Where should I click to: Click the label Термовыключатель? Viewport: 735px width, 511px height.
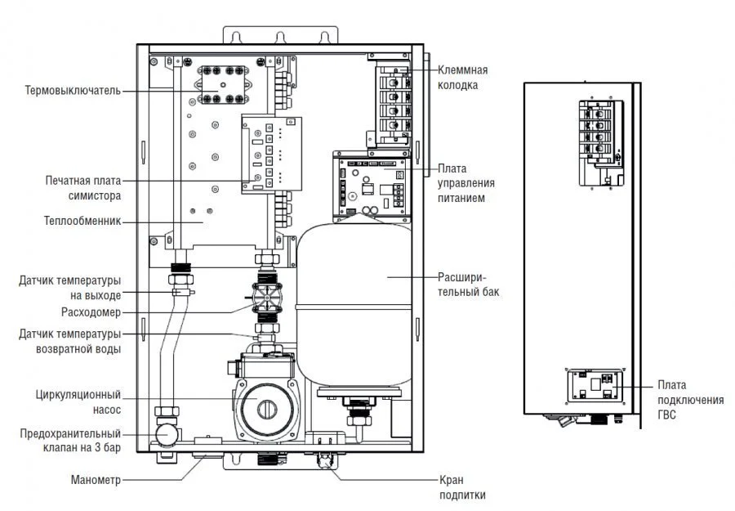pos(73,91)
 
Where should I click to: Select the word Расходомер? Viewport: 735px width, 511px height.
pos(91,312)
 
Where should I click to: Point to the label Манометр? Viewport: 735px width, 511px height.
pos(95,481)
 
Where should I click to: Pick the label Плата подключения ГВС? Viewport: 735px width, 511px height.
pos(689,400)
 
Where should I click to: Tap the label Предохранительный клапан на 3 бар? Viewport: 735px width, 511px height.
pos(71,441)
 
